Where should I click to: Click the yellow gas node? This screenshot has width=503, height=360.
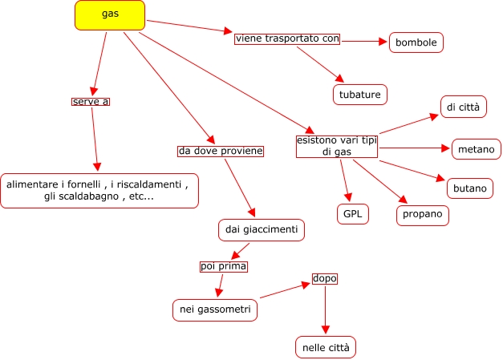(110, 15)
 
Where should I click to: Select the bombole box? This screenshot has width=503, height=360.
(416, 42)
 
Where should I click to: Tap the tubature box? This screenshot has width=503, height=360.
(360, 94)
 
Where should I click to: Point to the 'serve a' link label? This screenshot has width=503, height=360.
(91, 102)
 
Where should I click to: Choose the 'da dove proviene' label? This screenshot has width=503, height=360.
(221, 151)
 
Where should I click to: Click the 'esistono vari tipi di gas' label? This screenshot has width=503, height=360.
(337, 145)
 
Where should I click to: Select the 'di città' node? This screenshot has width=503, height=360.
(464, 106)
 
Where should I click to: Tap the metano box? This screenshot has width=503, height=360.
(477, 149)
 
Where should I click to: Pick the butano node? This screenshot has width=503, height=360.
(469, 188)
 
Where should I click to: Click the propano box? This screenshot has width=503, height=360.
(423, 215)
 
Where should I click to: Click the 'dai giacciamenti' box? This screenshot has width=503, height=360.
(261, 230)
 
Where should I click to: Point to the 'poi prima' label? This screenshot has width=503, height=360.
(223, 266)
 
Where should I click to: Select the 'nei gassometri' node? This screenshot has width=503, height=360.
(215, 309)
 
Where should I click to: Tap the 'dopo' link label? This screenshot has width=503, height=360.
(325, 279)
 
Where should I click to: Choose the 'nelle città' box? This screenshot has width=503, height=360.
(325, 347)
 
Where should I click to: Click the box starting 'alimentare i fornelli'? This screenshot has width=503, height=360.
(99, 191)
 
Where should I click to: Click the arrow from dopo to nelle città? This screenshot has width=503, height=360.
(325, 309)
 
